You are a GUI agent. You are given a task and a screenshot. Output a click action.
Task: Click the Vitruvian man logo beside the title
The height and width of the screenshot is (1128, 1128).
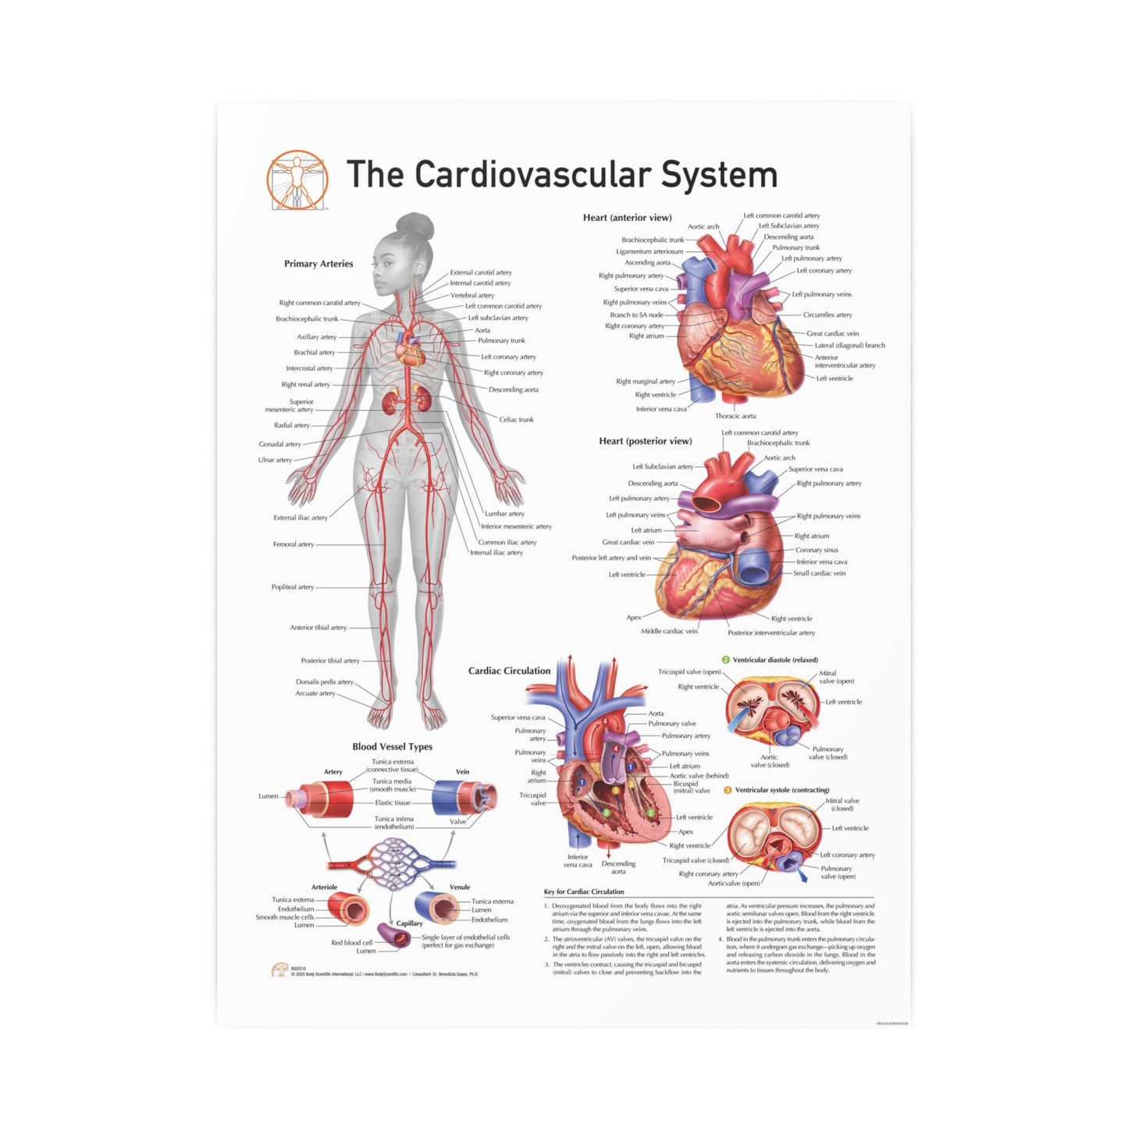point(297,180)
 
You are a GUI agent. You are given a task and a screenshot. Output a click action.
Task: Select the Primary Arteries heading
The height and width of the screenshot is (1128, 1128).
point(318,264)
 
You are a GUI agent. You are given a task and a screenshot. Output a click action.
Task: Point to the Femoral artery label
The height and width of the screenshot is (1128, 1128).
point(294,544)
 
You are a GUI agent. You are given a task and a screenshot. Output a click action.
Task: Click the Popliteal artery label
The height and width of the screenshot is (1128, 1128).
point(293,587)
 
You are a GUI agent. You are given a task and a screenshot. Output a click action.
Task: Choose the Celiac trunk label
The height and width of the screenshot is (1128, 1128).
point(516,420)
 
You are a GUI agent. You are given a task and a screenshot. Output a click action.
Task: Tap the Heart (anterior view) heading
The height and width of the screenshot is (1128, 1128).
point(627,218)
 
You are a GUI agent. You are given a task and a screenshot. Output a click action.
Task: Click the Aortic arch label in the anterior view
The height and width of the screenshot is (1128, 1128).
point(703,227)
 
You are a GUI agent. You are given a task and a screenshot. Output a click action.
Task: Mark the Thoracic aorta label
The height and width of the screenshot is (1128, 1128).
point(735,416)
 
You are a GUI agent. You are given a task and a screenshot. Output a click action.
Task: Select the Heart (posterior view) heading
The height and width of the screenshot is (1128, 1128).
point(645,441)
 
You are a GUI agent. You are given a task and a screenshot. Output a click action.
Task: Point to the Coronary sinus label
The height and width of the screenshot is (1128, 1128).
point(817,550)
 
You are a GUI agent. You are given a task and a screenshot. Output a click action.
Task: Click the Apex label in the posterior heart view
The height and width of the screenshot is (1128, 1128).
point(634,617)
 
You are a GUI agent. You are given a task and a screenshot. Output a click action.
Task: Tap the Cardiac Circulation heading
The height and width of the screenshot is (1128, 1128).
point(509,671)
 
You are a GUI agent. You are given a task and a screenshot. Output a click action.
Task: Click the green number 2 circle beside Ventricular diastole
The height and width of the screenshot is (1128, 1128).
point(725,660)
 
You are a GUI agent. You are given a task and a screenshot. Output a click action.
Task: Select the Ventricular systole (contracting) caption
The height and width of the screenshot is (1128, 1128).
point(781,790)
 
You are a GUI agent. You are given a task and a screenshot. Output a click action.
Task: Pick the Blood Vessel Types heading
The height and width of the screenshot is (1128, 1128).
point(392,747)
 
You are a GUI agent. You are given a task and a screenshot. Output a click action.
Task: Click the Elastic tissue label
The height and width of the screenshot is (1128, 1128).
point(393,802)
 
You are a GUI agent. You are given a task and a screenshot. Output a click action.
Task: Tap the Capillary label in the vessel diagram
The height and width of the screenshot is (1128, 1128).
point(409,923)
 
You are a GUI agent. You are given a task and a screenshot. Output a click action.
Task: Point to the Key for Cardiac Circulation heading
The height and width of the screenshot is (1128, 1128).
point(584,891)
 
